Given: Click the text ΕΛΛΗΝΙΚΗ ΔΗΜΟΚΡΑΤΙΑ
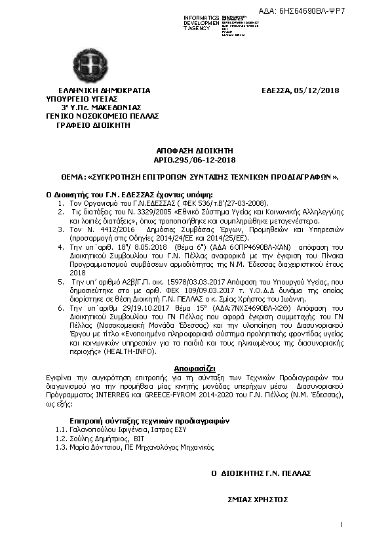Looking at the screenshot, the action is click(x=104, y=90).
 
